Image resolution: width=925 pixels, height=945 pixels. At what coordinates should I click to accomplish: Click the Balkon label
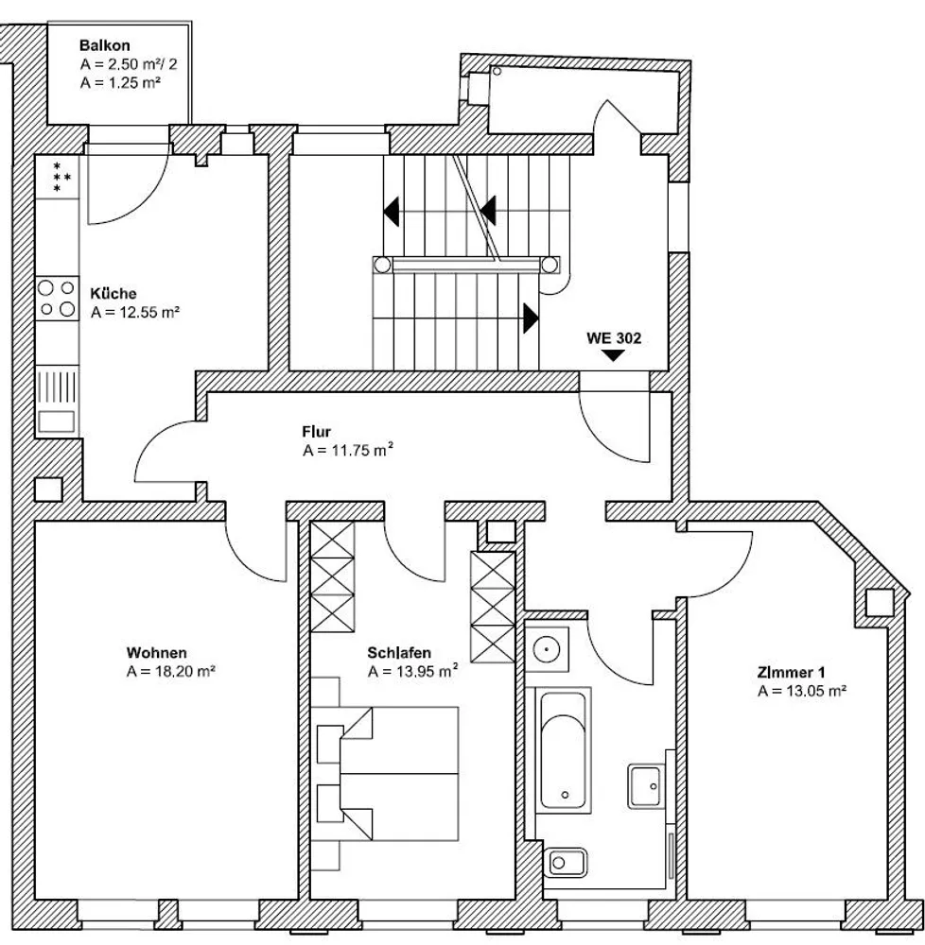pos(104,45)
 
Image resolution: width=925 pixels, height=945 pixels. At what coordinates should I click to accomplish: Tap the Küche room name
pos(113,294)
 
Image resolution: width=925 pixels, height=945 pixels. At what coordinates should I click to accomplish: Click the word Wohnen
pos(157,653)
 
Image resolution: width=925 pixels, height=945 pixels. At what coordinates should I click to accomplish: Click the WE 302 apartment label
pos(614,338)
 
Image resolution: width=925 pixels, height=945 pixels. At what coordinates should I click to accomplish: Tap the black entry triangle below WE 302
pos(613,355)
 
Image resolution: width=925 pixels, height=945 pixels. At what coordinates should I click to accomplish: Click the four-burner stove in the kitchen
pos(58,299)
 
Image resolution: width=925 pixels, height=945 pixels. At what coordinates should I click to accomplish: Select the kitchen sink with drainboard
pos(58,401)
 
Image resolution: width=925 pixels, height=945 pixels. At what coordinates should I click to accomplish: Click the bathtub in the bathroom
pos(563,749)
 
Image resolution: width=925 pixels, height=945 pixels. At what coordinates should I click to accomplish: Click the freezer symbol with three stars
pos(58,177)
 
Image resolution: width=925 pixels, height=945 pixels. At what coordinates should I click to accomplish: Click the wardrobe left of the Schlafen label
pos(332,576)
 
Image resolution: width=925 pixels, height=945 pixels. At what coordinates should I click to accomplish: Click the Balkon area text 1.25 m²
pos(121,82)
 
